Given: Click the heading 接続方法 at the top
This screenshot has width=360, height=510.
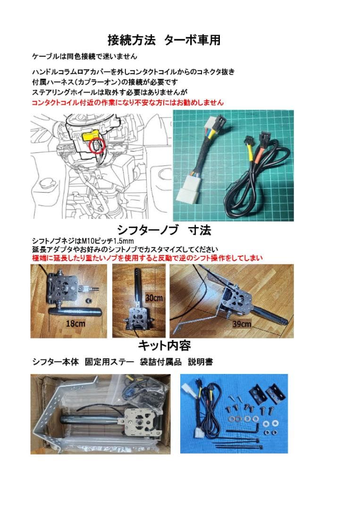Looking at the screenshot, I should (131, 40).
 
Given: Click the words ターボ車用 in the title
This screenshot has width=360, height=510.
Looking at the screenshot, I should (193, 40).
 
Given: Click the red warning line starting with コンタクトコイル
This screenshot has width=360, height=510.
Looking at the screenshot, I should (127, 102).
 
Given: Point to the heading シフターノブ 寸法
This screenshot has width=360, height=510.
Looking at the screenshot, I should (164, 230).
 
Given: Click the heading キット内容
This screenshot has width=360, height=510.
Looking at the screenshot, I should (164, 346).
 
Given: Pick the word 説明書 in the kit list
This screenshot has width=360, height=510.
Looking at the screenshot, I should (201, 362).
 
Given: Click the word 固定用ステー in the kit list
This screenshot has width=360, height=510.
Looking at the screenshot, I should (105, 362).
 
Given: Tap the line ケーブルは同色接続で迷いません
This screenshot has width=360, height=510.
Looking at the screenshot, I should (84, 56).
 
